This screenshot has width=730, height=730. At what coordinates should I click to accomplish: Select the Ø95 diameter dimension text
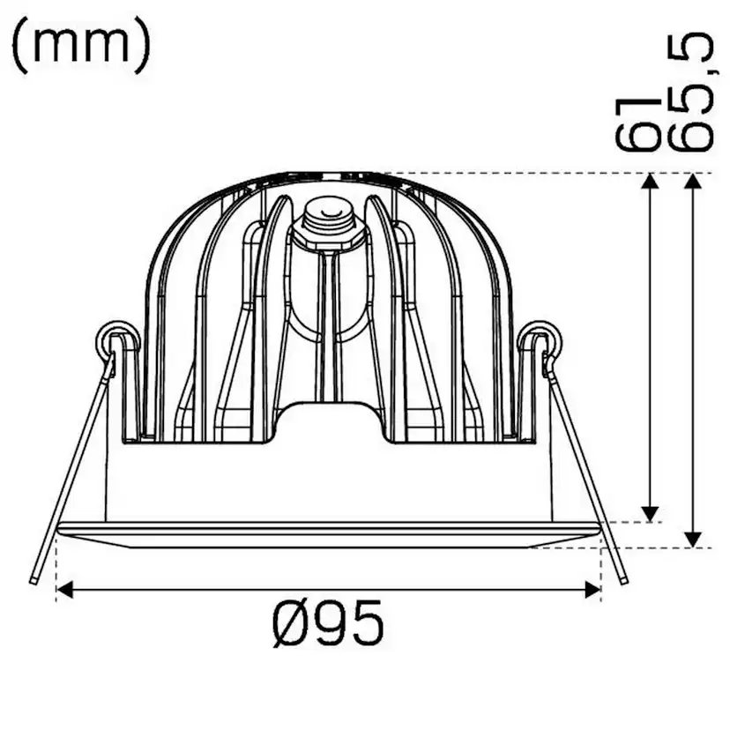point(328,624)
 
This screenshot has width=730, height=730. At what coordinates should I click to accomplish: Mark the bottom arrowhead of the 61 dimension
point(650,514)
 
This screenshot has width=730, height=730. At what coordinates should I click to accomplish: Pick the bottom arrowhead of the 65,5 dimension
point(693,540)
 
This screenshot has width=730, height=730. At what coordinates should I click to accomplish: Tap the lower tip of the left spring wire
point(33,579)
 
